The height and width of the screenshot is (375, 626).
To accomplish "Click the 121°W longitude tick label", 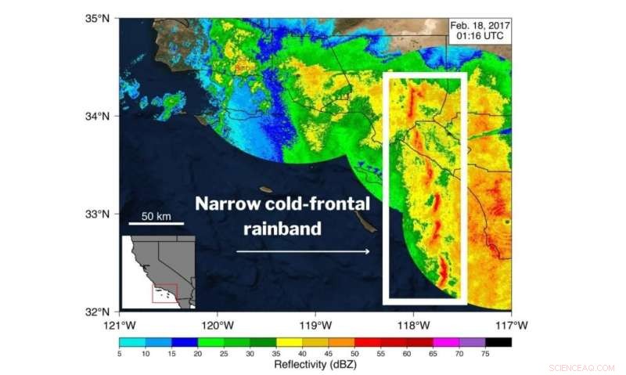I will click(120, 324).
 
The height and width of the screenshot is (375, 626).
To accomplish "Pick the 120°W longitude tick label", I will click(218, 324).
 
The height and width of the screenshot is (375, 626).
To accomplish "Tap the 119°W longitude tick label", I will click(315, 324).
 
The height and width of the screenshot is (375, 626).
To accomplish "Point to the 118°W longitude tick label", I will click(413, 324).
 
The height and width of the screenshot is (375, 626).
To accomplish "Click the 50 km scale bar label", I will click(156, 215).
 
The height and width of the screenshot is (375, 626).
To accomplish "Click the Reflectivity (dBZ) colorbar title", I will click(315, 364).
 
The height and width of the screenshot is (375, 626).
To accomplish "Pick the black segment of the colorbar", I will click(498, 341).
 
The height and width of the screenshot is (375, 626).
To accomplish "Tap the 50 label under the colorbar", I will click(354, 353).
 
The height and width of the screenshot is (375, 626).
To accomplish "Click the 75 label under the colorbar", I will click(485, 353).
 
